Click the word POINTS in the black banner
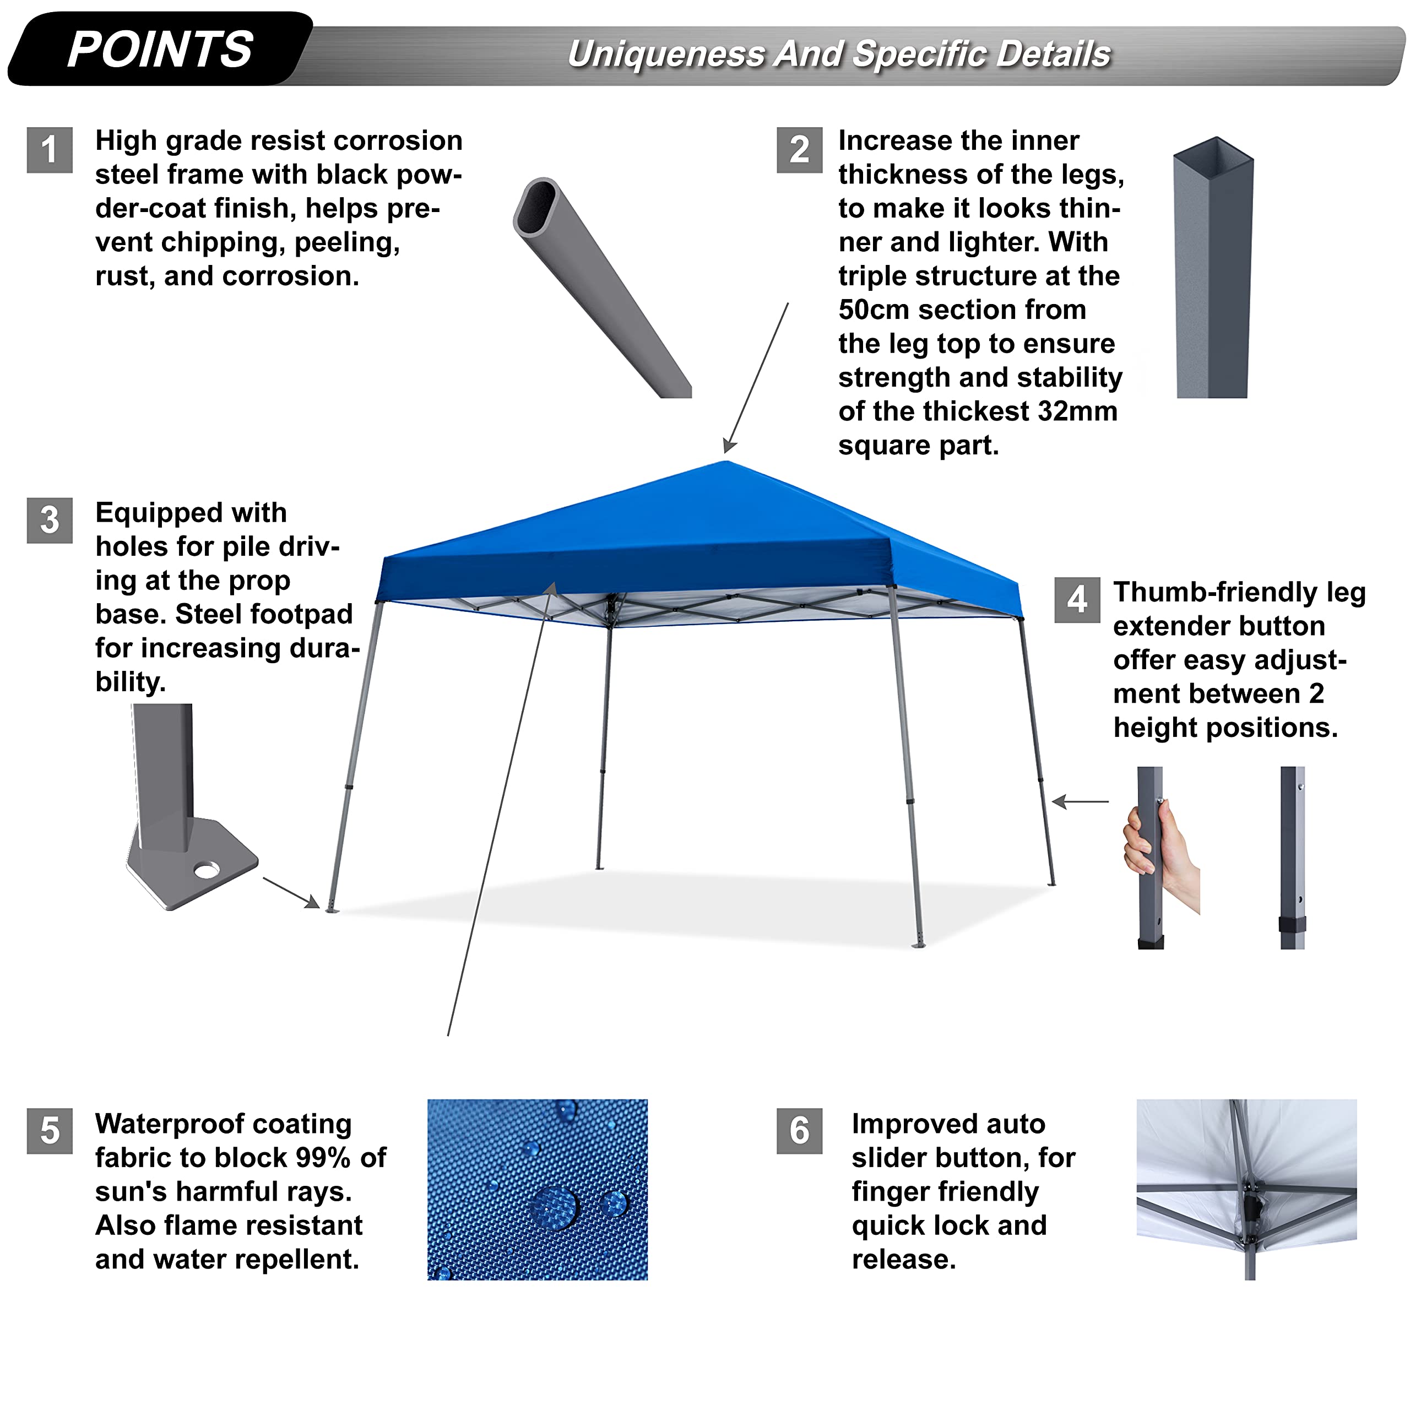click(160, 50)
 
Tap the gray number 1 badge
click(50, 150)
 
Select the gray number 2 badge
click(799, 150)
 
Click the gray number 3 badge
click(50, 520)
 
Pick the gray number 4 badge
click(1077, 600)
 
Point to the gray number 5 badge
click(50, 1131)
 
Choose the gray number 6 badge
click(799, 1131)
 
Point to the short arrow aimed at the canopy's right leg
click(1080, 801)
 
